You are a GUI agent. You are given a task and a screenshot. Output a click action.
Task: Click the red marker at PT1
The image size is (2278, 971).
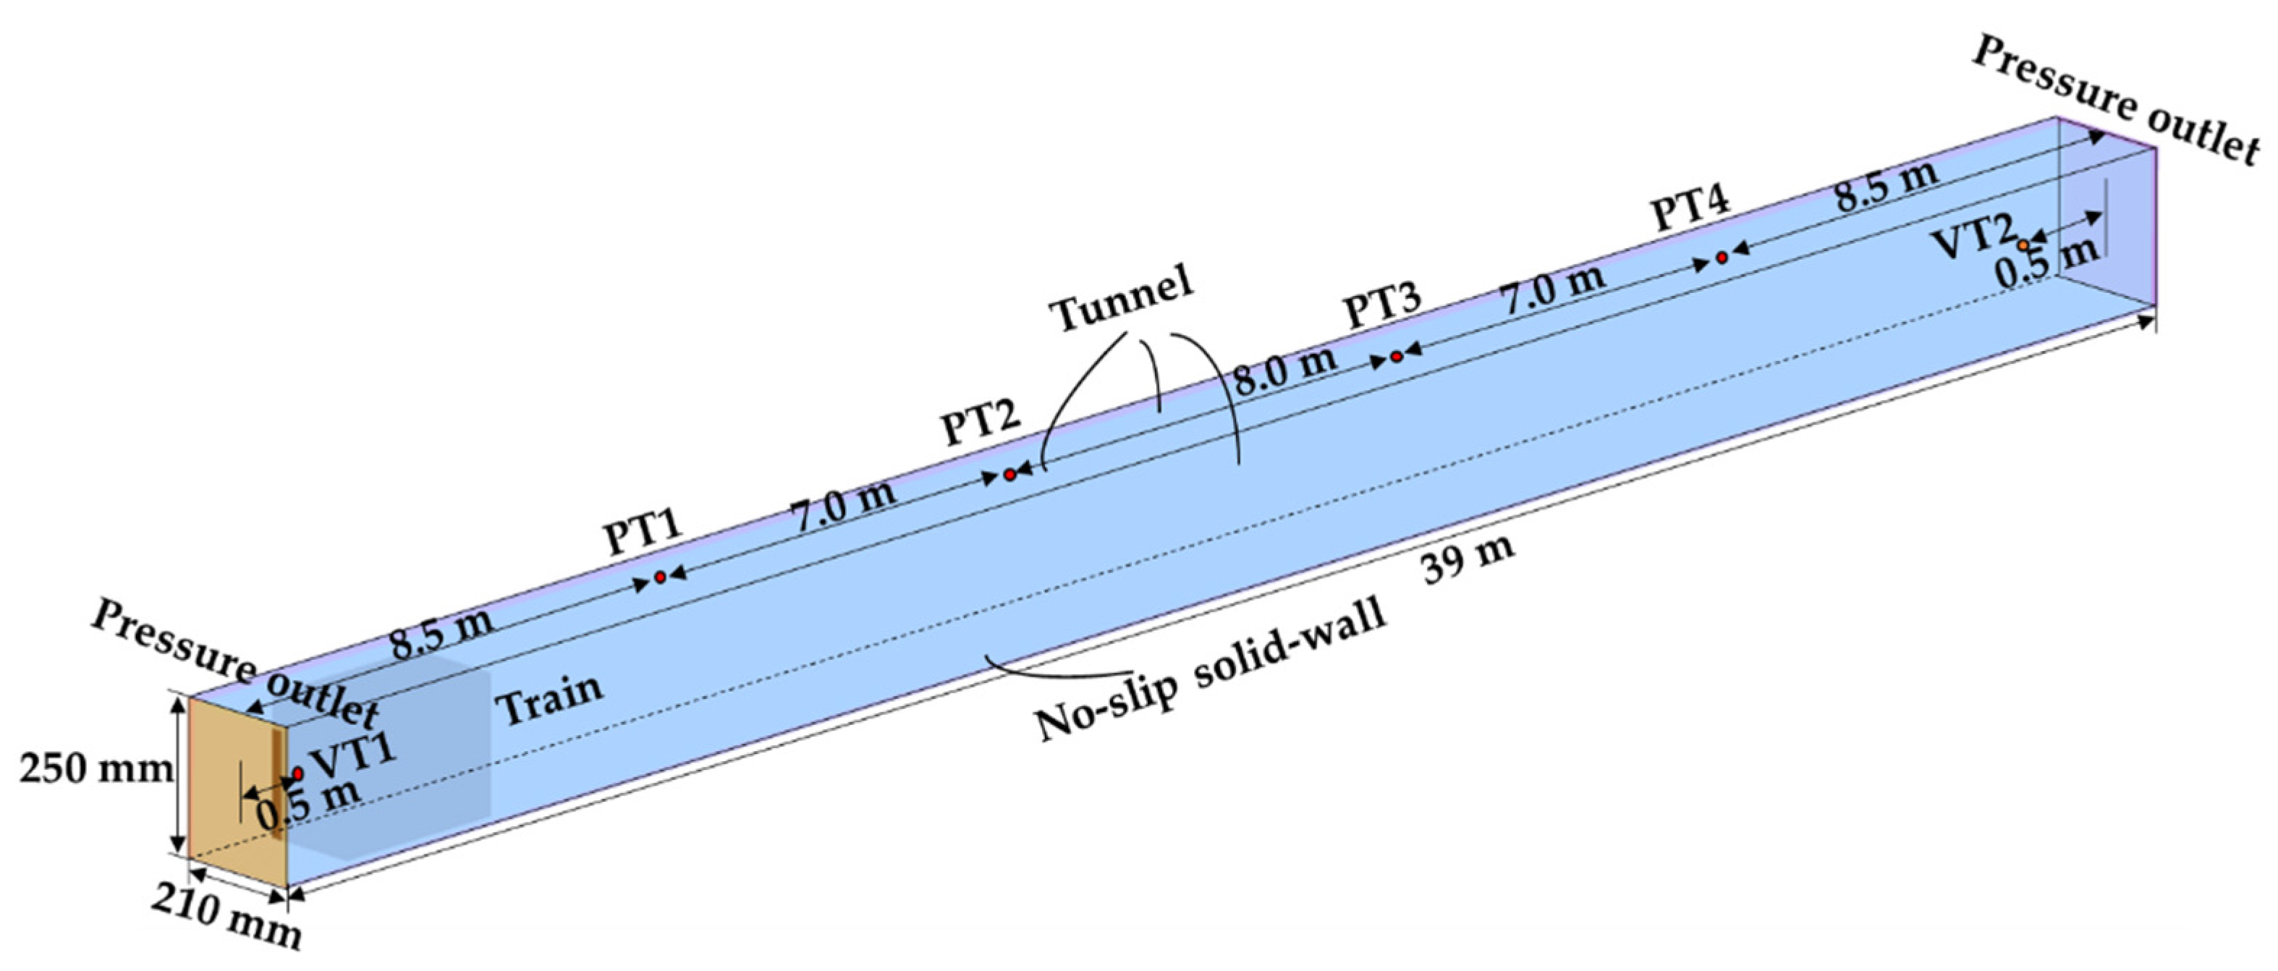pos(660,577)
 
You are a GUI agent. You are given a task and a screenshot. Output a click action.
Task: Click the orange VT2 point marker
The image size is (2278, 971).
pos(2023,244)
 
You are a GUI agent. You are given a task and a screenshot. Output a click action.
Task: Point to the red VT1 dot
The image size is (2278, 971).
pos(297,773)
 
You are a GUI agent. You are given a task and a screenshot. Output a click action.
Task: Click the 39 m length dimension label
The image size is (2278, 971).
pos(1468,560)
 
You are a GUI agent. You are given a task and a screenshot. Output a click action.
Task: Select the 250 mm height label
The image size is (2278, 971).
pos(96,769)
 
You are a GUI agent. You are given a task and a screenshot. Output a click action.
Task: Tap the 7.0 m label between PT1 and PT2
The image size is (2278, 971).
pos(844,505)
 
